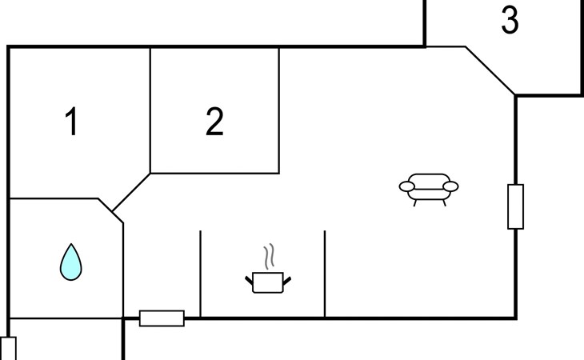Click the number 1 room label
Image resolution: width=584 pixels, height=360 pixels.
tap(72, 123)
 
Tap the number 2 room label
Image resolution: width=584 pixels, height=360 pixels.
tap(214, 122)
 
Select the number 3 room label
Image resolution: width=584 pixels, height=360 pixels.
tap(510, 22)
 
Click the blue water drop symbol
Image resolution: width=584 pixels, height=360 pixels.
tap(71, 262)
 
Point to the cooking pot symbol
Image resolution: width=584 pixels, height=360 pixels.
tap(268, 282)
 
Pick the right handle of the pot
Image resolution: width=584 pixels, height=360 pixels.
tap(287, 278)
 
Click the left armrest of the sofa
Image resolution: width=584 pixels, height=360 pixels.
tap(408, 187)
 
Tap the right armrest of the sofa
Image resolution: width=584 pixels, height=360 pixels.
tap(450, 187)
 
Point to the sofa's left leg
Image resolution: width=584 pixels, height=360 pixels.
tap(415, 202)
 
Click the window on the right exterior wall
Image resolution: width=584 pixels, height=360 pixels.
tap(515, 206)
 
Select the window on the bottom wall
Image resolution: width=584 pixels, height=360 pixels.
tap(162, 318)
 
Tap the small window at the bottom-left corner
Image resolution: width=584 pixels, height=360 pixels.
tap(8, 349)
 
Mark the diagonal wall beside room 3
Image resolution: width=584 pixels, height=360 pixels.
tap(490, 71)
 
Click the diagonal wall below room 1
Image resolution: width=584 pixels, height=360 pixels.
tap(131, 193)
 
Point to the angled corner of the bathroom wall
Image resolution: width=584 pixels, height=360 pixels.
tap(110, 211)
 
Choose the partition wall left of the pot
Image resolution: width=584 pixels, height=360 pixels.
tap(200, 274)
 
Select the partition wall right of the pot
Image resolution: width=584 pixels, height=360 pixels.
tap(325, 274)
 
